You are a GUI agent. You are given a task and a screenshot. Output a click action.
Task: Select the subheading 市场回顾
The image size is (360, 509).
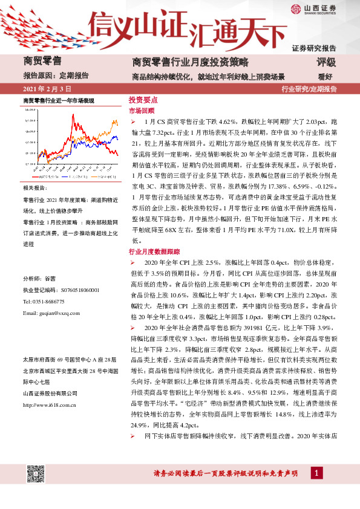click(142, 111)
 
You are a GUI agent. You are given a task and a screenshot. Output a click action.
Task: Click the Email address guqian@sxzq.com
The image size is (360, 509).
click(51, 313)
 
